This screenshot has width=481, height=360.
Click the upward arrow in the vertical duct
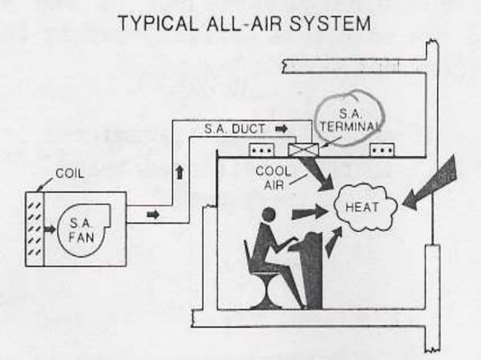[x=179, y=172]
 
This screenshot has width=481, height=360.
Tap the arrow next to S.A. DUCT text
[x=280, y=129]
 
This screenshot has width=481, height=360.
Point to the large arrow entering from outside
[x=433, y=184]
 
